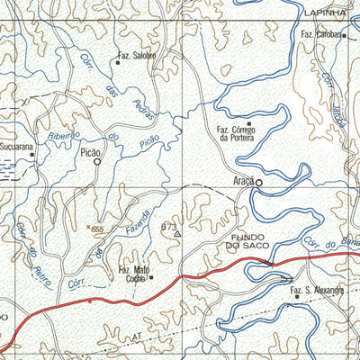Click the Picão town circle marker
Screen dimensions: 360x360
pyautogui.click(x=96, y=163)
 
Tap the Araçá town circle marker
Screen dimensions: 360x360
pyautogui.click(x=258, y=183)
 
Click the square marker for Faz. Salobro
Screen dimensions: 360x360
pyautogui.click(x=118, y=63)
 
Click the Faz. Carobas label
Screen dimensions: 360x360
pyautogui.click(x=319, y=35)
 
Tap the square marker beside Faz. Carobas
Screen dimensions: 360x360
pyautogui.click(x=344, y=36)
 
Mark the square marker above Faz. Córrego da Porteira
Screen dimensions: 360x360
pyautogui.click(x=249, y=123)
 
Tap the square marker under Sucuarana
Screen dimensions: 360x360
pyautogui.click(x=31, y=154)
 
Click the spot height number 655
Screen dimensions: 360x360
pyautogui.click(x=98, y=230)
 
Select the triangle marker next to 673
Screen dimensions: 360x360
pyautogui.click(x=177, y=233)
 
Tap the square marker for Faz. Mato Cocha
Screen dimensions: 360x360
pyautogui.click(x=151, y=277)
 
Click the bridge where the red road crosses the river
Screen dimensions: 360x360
pyautogui.click(x=267, y=262)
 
